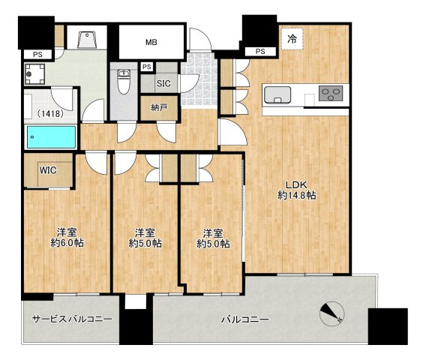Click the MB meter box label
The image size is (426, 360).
(x=151, y=42)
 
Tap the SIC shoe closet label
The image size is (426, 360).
(x=163, y=83)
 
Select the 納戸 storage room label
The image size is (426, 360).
(x=159, y=107)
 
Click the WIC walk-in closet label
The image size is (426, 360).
(x=48, y=170)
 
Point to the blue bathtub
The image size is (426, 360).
(x=51, y=137)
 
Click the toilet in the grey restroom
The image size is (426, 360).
(x=124, y=82)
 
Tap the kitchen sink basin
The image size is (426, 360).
(x=277, y=95)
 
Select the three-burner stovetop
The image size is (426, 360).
(x=330, y=94)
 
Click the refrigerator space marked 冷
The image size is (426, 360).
(x=292, y=40)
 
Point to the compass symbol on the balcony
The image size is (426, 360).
(x=332, y=313)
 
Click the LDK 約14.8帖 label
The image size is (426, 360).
(x=296, y=190)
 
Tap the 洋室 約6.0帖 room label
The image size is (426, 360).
(x=67, y=238)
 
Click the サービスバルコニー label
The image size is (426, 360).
(x=72, y=319)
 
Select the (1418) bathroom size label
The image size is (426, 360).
(x=51, y=113)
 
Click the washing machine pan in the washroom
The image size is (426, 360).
(x=34, y=73)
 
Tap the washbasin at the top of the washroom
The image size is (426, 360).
(x=87, y=40)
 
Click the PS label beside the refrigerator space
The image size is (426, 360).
(x=260, y=51)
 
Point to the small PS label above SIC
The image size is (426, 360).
(x=147, y=67)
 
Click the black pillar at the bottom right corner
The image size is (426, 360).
(x=388, y=326)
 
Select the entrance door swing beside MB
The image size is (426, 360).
(x=200, y=39)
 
